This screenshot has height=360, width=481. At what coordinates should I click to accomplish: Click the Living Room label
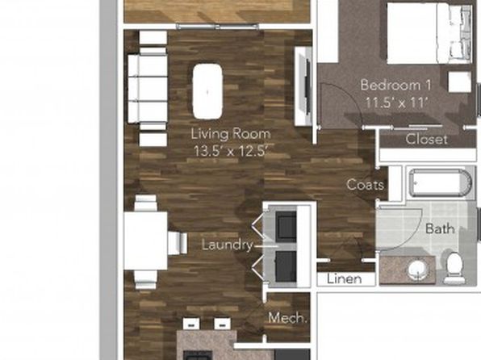tap(231, 134)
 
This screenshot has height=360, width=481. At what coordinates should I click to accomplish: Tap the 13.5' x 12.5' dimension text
tap(232, 151)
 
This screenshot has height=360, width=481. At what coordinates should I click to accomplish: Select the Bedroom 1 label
tap(395, 85)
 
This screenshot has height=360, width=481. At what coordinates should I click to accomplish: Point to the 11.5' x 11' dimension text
tap(396, 103)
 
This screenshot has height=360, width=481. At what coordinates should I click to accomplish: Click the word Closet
tap(426, 140)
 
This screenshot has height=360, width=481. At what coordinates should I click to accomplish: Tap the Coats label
tap(365, 185)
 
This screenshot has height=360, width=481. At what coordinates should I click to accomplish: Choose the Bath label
tap(440, 229)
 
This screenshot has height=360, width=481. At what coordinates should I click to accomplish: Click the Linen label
tap(344, 279)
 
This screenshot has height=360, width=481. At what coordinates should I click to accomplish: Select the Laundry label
tap(228, 245)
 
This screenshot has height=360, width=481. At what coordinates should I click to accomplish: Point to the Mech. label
tap(288, 318)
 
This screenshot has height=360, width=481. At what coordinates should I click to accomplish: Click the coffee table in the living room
tap(207, 91)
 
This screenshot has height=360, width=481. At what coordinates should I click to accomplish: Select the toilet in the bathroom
tap(455, 268)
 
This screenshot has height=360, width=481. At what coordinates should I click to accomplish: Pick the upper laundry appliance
tap(286, 227)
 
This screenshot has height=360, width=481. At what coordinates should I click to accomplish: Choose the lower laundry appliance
tap(286, 266)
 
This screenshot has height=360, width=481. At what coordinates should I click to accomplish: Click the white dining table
tap(146, 241)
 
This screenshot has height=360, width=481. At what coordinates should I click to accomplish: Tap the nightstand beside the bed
tap(459, 82)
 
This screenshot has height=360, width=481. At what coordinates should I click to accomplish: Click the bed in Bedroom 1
tap(429, 33)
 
